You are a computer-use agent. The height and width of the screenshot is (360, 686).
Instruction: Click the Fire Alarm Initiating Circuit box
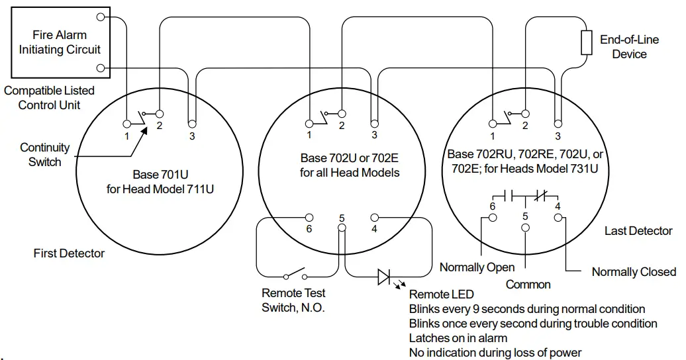click(x=60, y=42)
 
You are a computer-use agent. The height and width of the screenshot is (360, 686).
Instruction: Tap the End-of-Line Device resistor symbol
click(x=585, y=42)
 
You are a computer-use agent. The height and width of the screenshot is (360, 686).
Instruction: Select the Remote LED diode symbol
click(x=385, y=277)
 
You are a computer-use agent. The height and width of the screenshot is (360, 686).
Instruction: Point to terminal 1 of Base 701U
click(x=126, y=123)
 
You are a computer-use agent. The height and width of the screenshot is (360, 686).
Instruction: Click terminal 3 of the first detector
click(x=191, y=123)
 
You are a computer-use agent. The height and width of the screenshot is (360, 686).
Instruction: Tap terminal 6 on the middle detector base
click(x=309, y=217)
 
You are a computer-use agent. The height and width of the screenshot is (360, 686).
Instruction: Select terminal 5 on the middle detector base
click(x=342, y=228)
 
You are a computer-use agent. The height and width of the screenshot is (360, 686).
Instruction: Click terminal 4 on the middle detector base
click(x=374, y=217)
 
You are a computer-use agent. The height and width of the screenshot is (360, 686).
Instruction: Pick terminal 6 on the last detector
click(x=491, y=217)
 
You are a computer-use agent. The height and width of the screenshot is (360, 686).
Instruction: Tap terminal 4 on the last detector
click(x=558, y=217)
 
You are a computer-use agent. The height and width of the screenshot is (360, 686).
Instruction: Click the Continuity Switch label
click(x=44, y=155)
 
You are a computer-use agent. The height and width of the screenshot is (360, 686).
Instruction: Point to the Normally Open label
click(x=477, y=267)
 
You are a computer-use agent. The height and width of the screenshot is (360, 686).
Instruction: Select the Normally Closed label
click(x=633, y=272)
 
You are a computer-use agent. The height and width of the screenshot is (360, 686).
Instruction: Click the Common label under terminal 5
click(x=528, y=285)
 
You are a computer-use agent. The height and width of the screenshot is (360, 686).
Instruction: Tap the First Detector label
click(x=69, y=253)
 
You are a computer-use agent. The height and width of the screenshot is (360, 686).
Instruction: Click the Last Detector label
click(x=638, y=231)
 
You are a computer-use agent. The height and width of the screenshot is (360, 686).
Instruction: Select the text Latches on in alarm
click(x=458, y=338)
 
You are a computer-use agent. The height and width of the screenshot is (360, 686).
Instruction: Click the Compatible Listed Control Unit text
click(x=49, y=97)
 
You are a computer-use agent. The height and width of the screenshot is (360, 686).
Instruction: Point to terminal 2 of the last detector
click(x=524, y=113)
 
